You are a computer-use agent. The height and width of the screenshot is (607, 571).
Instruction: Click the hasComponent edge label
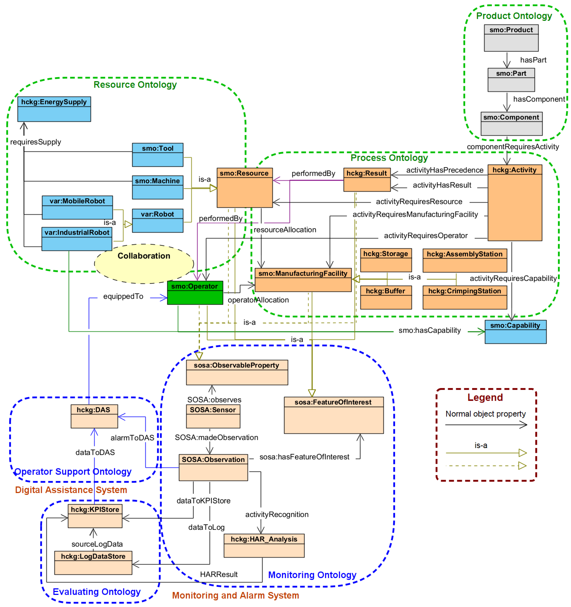tap(539, 99)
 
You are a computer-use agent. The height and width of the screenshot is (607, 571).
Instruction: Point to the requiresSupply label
tap(36, 142)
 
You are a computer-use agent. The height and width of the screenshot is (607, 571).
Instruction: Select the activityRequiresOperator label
tap(426, 235)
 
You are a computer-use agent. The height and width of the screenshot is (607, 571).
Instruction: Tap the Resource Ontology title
tap(135, 84)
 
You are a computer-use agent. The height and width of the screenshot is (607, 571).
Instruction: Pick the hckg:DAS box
tap(94, 416)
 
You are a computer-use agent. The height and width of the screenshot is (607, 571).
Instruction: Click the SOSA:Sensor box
tap(213, 416)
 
